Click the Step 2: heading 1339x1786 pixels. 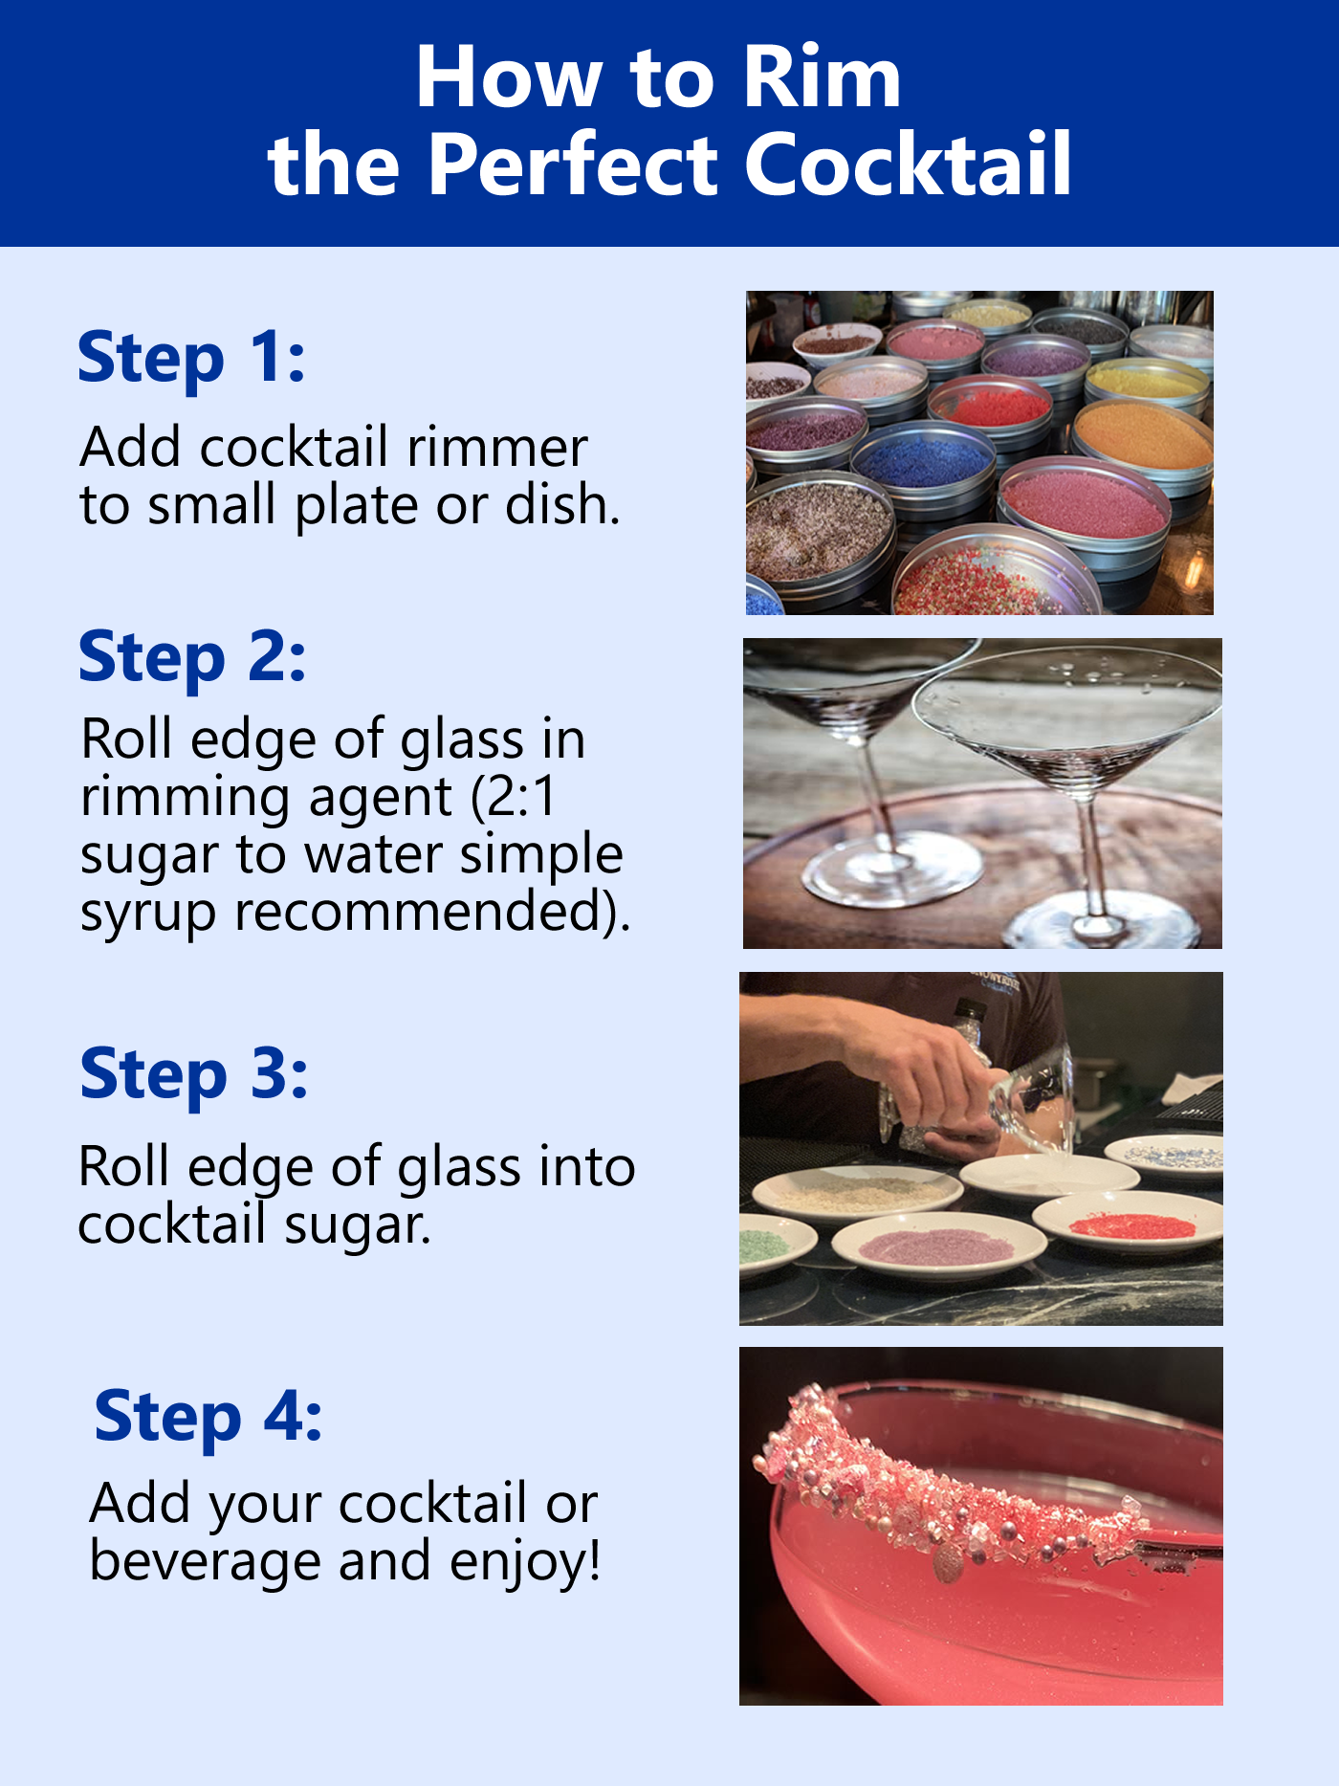(x=192, y=658)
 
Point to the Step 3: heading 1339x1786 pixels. (x=194, y=1074)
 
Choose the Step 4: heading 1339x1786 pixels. (x=209, y=1417)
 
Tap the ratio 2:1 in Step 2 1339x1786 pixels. (x=521, y=796)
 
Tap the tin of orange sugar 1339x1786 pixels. (x=1143, y=435)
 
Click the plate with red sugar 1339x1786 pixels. (x=1129, y=1224)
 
